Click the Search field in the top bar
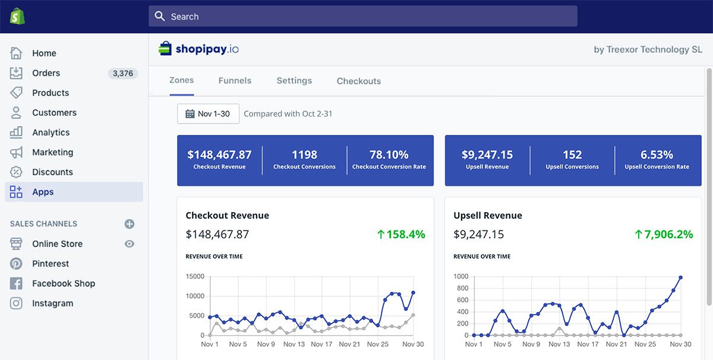[x=362, y=17]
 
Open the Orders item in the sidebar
[x=46, y=73]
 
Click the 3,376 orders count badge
[x=122, y=74]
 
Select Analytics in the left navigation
[x=51, y=132]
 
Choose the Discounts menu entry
[x=52, y=172]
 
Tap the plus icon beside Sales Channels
[x=130, y=224]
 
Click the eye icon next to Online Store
[x=130, y=244]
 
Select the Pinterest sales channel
[x=51, y=264]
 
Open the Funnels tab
[x=235, y=81]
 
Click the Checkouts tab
[x=359, y=81]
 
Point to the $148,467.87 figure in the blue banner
[x=219, y=154]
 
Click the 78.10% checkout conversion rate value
[x=389, y=154]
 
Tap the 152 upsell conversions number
[x=572, y=154]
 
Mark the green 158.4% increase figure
[x=401, y=235]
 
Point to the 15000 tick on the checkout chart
[x=195, y=276]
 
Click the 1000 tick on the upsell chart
[x=460, y=276]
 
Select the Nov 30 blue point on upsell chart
[x=680, y=277]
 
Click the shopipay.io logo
[x=199, y=49]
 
